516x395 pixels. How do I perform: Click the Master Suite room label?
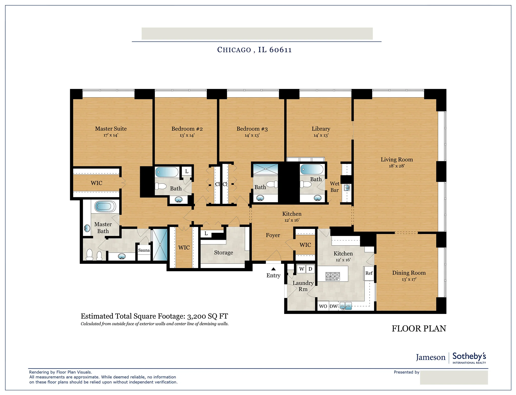(x=111, y=129)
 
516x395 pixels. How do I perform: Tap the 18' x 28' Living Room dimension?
(x=397, y=166)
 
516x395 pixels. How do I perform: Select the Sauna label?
(x=144, y=250)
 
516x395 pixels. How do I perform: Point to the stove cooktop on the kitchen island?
(x=333, y=276)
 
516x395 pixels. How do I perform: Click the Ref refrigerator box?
(x=369, y=273)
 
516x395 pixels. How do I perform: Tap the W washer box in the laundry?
(x=302, y=269)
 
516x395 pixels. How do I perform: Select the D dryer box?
(x=310, y=269)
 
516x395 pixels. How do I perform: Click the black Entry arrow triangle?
(x=273, y=269)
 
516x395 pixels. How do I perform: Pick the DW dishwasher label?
(x=333, y=306)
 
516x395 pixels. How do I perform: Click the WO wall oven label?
(x=323, y=306)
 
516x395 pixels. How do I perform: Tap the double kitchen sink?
(x=345, y=306)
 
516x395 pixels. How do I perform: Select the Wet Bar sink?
(x=347, y=188)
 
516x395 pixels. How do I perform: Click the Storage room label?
(x=223, y=253)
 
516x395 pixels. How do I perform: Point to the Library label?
(x=321, y=129)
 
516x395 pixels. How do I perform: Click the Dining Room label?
(x=409, y=273)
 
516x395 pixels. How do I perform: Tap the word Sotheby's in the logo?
(x=469, y=356)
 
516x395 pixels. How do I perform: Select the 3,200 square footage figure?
(x=196, y=317)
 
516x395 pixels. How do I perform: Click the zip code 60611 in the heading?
(x=280, y=50)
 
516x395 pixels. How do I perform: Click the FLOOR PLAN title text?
(x=419, y=329)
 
